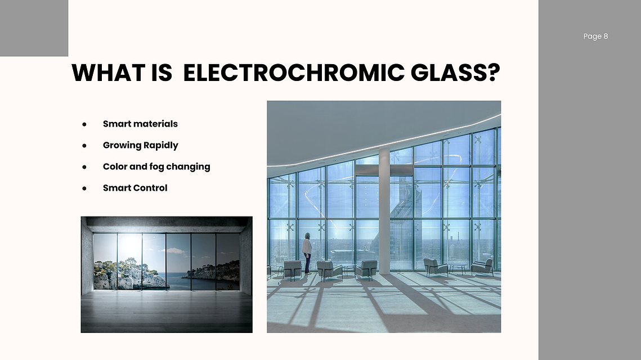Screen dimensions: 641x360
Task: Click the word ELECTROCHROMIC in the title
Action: [x=294, y=73]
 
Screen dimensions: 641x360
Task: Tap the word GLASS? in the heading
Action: [x=455, y=73]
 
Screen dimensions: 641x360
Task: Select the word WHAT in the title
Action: [x=108, y=73]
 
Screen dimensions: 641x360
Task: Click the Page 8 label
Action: [x=595, y=37]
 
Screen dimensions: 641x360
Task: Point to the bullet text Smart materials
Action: [x=140, y=124]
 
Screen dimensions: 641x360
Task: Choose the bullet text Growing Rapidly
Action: [x=141, y=146]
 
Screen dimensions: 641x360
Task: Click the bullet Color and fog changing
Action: [x=156, y=166]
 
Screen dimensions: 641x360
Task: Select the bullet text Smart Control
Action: [x=135, y=188]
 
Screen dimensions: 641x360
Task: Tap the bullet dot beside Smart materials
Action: [x=84, y=124]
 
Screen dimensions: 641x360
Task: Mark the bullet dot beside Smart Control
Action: [x=84, y=188]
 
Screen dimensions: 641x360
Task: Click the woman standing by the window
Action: [x=307, y=253]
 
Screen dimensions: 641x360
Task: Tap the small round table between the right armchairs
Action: [x=458, y=268]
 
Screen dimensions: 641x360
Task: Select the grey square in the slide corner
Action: [x=34, y=28]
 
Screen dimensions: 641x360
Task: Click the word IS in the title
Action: [x=162, y=73]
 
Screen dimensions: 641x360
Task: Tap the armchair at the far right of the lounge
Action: [x=482, y=267]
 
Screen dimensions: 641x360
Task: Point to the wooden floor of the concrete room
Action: [x=167, y=312]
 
